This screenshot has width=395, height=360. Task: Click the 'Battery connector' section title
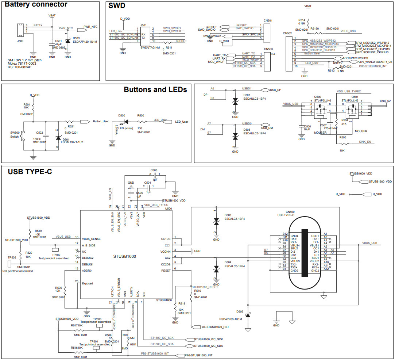point(36,5)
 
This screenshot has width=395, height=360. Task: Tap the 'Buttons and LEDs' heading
point(155,89)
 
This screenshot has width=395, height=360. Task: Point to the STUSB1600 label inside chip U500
point(125,256)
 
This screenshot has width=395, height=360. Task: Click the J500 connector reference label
point(20,41)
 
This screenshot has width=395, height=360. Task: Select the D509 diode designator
point(77,38)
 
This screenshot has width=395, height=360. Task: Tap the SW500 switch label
point(15,133)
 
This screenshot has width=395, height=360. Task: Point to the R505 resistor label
point(342,137)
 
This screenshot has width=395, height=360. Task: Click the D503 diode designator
point(228,215)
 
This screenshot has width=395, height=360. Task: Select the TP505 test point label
point(12,257)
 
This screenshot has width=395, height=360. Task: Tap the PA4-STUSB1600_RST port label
point(215,327)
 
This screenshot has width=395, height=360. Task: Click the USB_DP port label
point(276,90)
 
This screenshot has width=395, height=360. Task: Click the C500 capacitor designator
point(307,126)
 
